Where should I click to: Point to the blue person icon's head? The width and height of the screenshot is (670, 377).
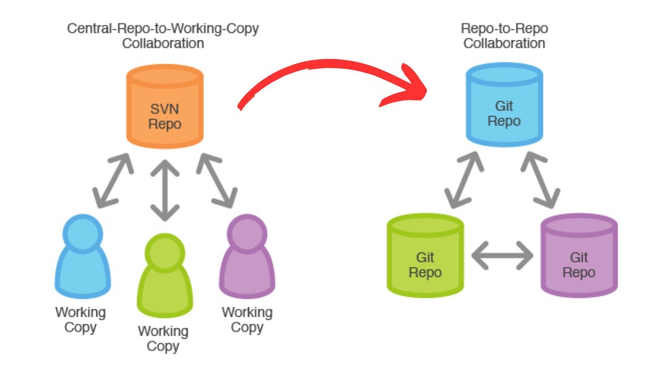click(x=82, y=230)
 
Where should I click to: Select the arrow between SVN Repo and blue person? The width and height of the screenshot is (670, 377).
click(x=113, y=179)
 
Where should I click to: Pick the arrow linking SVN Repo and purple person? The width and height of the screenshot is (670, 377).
click(x=216, y=179)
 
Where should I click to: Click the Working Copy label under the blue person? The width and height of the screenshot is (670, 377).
click(x=81, y=320)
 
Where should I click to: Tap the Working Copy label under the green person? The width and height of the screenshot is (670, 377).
click(x=163, y=339)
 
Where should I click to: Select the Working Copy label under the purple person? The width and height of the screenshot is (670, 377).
click(x=247, y=320)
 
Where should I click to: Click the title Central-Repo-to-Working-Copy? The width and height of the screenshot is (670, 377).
click(x=163, y=28)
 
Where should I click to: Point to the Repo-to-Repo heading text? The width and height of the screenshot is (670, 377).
click(x=504, y=28)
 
